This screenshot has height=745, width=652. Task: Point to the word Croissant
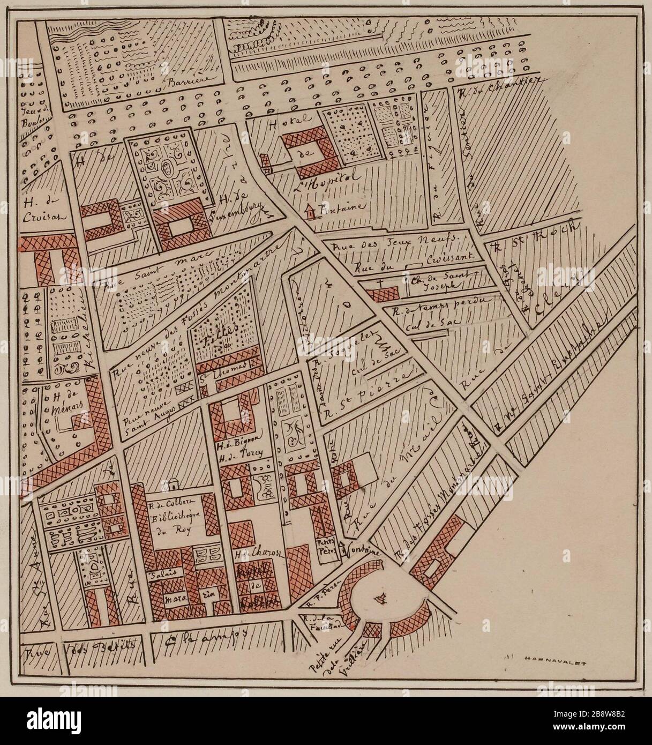tap(449, 257)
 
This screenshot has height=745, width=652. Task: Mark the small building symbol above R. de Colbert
tap(173, 484)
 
